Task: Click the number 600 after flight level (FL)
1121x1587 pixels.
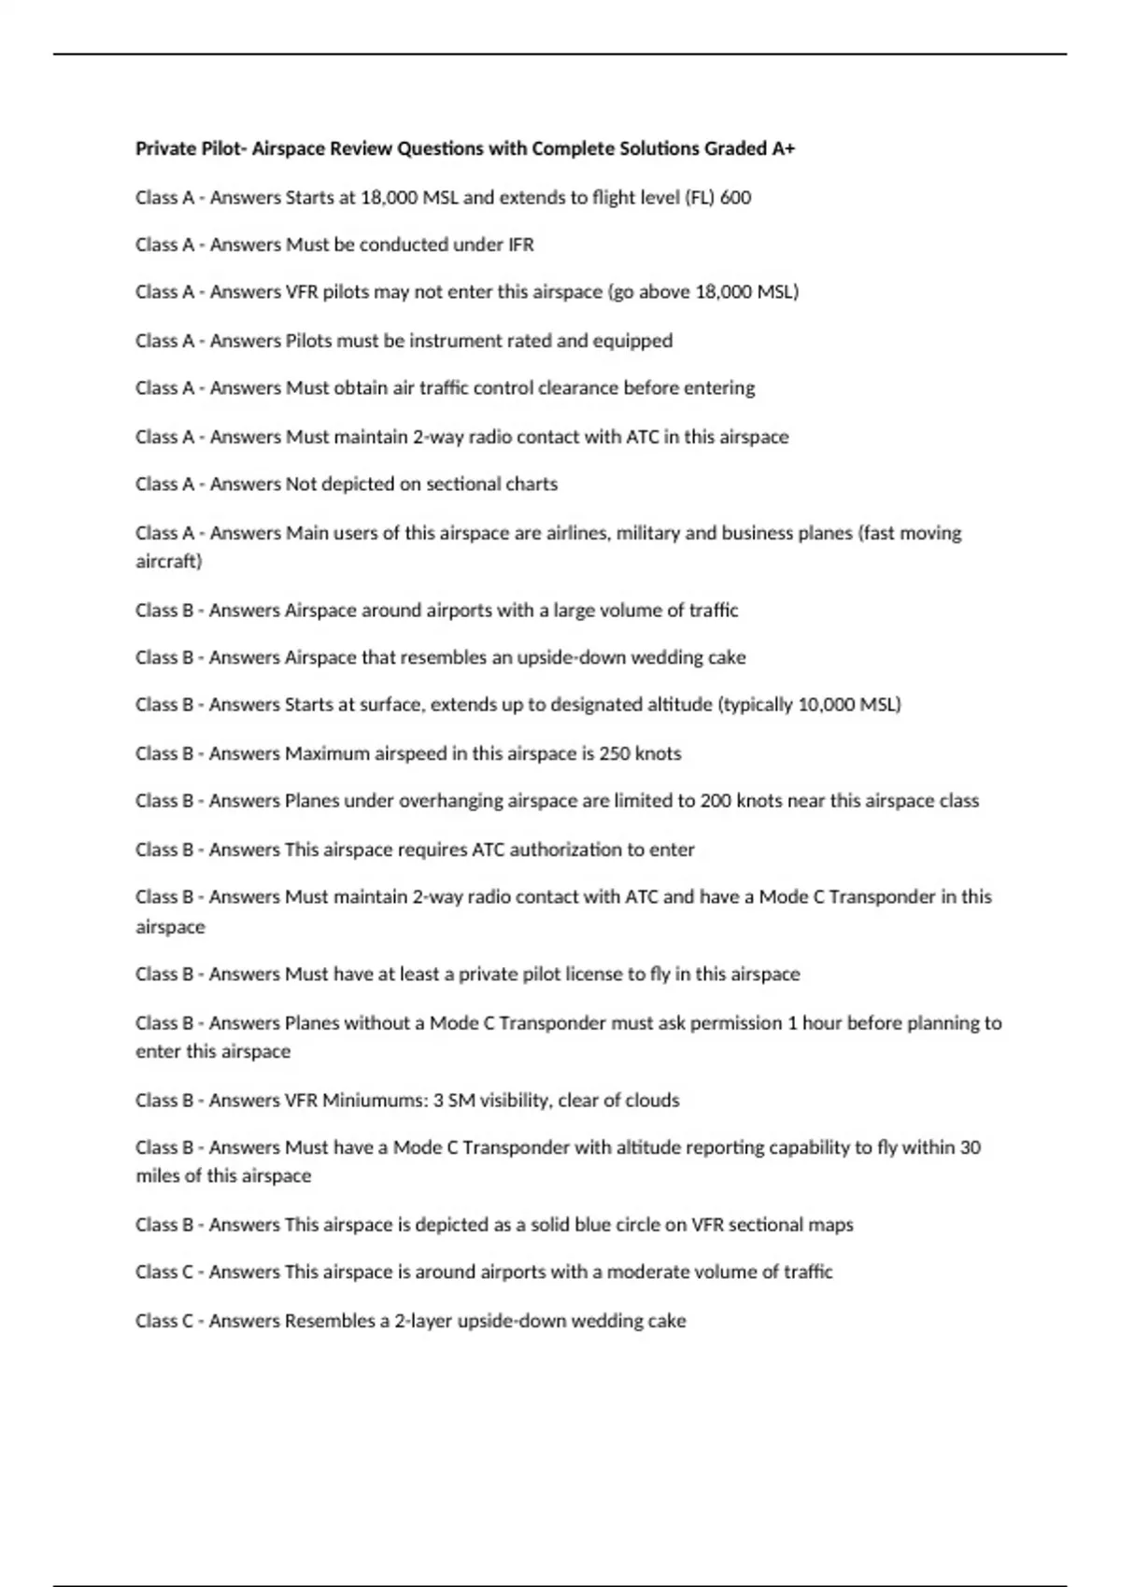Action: tap(736, 197)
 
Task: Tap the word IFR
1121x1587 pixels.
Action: tap(520, 245)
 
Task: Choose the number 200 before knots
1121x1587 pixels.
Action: tap(716, 800)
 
